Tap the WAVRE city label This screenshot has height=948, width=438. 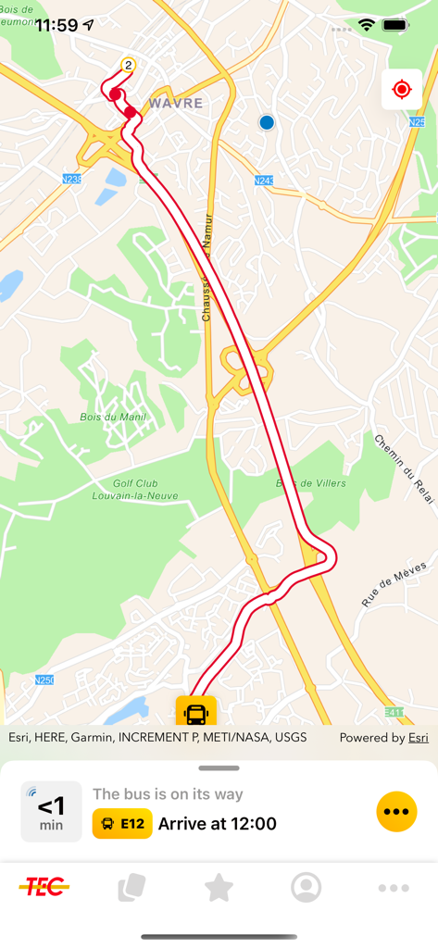click(175, 104)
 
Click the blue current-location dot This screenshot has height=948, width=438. click(267, 122)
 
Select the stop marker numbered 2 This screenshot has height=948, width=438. click(128, 65)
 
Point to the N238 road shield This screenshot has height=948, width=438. click(72, 179)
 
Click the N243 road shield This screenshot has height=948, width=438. click(264, 181)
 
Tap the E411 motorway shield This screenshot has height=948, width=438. click(394, 712)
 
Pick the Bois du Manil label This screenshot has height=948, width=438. click(113, 418)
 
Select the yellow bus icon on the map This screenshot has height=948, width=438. click(195, 713)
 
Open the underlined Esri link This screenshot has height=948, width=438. click(419, 738)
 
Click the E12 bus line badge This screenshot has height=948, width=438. click(122, 823)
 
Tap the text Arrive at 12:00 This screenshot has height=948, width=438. click(218, 823)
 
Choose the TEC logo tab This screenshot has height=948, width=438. click(44, 887)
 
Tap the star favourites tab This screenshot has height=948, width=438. click(219, 887)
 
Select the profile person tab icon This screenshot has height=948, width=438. click(306, 887)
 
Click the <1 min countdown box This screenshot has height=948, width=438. click(51, 812)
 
